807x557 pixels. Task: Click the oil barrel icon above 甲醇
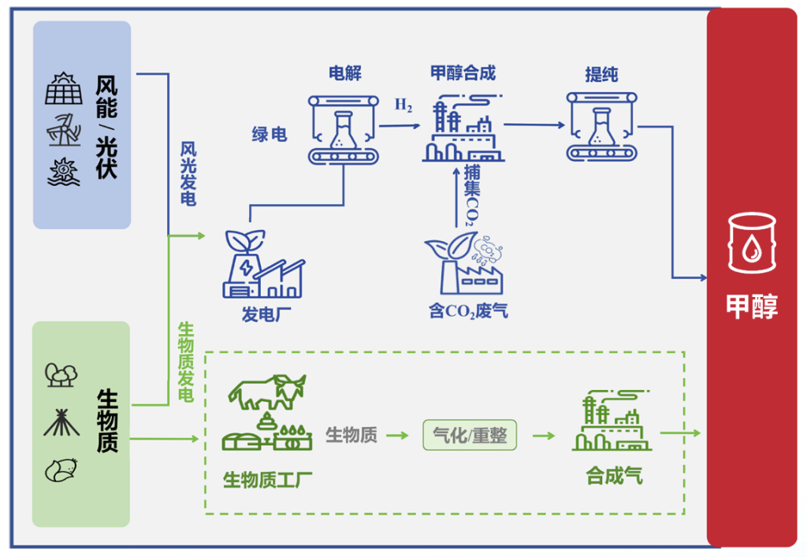click(x=752, y=243)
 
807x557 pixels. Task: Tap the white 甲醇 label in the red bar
click(x=752, y=306)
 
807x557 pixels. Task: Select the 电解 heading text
click(x=345, y=73)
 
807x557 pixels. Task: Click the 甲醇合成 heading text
click(x=463, y=73)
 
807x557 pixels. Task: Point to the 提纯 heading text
click(x=601, y=75)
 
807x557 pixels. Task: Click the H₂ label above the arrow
click(x=403, y=105)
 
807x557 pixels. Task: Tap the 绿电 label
click(x=270, y=134)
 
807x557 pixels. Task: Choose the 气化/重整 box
click(x=470, y=435)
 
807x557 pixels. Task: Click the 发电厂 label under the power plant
click(x=266, y=314)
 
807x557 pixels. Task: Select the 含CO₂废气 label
click(x=468, y=311)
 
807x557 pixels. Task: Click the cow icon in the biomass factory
click(x=267, y=392)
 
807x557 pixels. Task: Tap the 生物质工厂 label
click(x=267, y=480)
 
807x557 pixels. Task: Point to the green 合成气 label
click(x=614, y=476)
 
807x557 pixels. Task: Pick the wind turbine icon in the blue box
click(x=64, y=130)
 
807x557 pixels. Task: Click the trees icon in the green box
click(x=61, y=375)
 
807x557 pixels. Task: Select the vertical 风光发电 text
click(x=188, y=174)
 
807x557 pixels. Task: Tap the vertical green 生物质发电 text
click(x=186, y=362)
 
